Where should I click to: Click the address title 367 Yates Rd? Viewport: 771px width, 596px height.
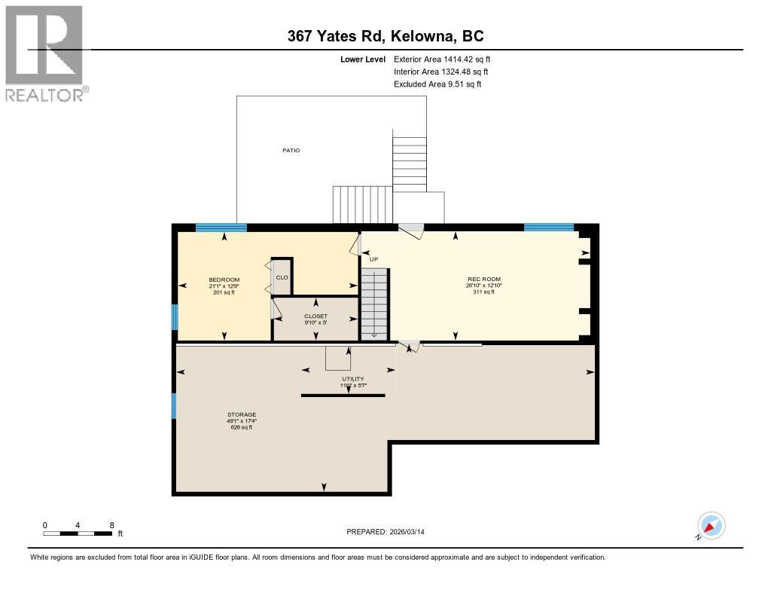[x=385, y=35]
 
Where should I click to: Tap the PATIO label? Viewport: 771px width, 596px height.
[x=291, y=151]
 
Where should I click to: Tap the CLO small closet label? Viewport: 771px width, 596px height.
[x=282, y=277]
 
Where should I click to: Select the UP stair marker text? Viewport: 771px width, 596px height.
[x=373, y=259]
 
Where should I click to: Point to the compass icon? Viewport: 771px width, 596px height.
[x=711, y=525]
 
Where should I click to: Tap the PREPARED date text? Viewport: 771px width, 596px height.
[x=390, y=532]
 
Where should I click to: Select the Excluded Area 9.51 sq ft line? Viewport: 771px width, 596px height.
[x=437, y=84]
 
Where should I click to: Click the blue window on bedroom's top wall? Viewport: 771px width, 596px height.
[x=221, y=228]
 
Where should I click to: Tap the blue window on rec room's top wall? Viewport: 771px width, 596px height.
[x=549, y=227]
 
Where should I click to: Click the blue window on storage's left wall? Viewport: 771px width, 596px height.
[x=174, y=406]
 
